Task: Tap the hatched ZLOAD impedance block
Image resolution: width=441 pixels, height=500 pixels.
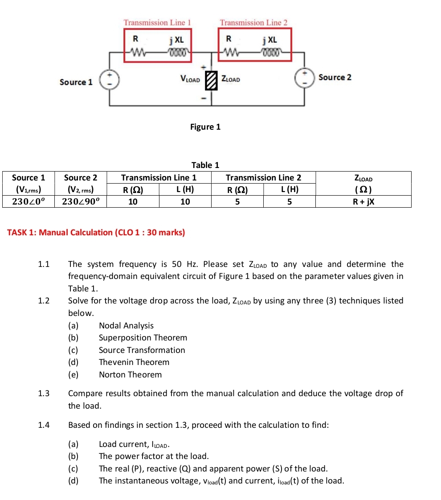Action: tap(211, 80)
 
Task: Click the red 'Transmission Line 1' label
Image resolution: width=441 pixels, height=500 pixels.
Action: tap(157, 22)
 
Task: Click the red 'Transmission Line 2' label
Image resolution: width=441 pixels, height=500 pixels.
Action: tap(253, 22)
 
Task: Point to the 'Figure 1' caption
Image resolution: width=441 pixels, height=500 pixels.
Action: tap(205, 127)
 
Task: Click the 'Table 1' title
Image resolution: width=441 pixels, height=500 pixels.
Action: tap(205, 165)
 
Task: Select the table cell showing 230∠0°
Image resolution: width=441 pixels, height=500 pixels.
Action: tap(29, 201)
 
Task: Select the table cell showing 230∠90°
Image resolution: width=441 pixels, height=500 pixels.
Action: tap(81, 201)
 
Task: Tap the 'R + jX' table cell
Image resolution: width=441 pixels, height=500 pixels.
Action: tap(363, 201)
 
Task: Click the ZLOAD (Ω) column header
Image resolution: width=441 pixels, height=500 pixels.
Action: tap(363, 183)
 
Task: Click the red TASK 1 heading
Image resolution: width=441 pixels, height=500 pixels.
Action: tap(96, 232)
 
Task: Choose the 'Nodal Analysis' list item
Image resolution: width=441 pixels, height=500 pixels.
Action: tap(126, 326)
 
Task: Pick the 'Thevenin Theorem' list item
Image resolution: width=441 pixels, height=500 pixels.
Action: tap(134, 362)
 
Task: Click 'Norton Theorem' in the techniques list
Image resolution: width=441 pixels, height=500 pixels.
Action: tap(130, 375)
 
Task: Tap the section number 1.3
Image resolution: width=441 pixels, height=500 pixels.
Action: tap(44, 393)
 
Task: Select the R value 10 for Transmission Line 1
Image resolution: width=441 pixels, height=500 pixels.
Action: tap(133, 201)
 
